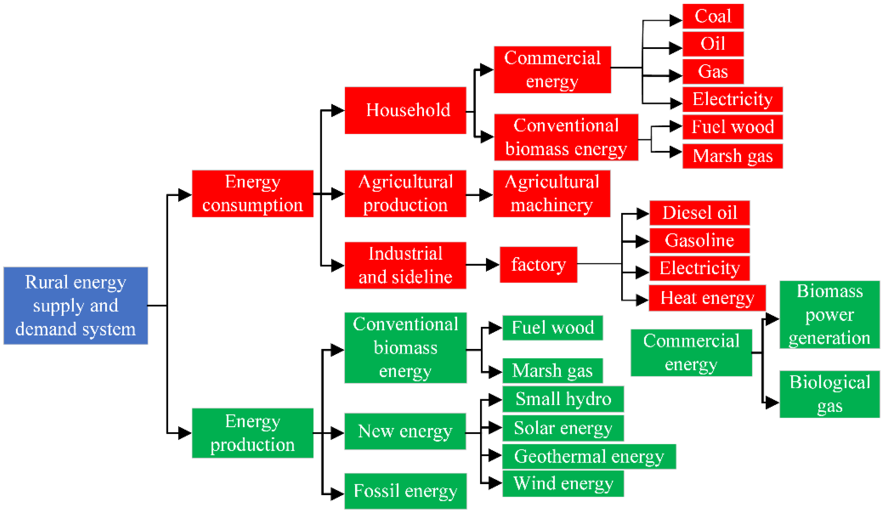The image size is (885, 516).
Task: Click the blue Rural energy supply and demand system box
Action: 75,306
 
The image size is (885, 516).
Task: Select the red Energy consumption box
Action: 253,193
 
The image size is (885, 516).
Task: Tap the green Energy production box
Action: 253,433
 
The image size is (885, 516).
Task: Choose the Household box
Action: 405,110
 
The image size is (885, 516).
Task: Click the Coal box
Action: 713,16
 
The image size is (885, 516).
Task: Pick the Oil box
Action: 713,44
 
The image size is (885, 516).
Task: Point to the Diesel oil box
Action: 699,213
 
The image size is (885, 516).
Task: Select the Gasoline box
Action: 699,241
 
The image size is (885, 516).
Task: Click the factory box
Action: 538,265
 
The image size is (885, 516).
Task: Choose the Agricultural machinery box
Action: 551,193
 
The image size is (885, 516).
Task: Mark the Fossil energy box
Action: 405,491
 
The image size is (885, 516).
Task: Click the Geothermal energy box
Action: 589,456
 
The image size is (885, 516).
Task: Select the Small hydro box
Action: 563,399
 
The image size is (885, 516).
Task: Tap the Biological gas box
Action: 830,394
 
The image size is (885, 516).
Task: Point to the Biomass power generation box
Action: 830,315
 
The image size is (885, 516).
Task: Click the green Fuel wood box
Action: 552,328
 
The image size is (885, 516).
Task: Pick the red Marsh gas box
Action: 733,156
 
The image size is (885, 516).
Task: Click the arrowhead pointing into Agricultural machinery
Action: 486,195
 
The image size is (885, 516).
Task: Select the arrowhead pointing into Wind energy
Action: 495,483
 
